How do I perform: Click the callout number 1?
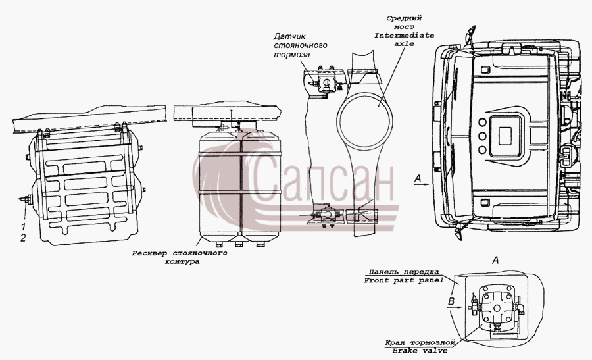[x=24, y=226]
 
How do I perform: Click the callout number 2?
[x=23, y=238]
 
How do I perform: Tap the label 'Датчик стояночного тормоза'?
[x=300, y=45]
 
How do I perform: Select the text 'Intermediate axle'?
[x=405, y=39]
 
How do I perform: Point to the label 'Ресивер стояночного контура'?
[x=180, y=257]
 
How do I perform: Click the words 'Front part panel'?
[x=404, y=280]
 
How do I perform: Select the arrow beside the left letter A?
[x=422, y=184]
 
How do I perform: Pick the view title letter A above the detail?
[x=496, y=260]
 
